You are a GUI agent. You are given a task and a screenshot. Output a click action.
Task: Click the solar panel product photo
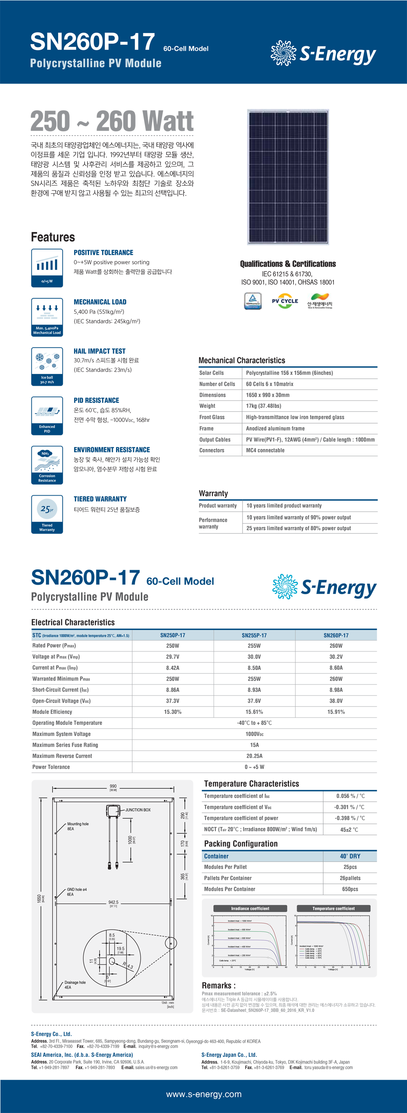pos(288,177)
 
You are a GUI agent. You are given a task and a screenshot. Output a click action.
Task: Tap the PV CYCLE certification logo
pos(285,301)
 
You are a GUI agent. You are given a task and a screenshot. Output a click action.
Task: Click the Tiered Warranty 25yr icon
pos(47,514)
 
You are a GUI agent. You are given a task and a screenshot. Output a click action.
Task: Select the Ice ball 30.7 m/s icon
pos(47,366)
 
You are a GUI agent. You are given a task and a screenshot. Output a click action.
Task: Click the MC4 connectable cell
pos(265,450)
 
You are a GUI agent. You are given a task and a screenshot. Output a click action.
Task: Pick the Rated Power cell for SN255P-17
pos(254,645)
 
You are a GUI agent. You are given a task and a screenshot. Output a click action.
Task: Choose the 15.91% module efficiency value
pos(336,712)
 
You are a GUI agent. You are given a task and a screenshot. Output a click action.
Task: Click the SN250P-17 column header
pos(173,635)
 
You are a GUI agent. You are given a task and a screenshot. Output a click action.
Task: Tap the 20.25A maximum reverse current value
pos(254,756)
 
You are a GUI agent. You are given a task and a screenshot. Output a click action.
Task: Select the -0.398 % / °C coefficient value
pos(350,818)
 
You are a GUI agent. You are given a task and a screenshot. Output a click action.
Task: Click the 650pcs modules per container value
pos(350,889)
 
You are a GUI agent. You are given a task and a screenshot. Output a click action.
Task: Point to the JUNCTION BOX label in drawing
pos(138,810)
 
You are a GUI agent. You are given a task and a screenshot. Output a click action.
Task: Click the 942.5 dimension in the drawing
pos(113,902)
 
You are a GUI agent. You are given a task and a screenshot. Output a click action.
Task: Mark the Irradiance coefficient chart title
pos(250,908)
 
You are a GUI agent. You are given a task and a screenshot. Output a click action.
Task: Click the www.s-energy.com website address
pos(203,1094)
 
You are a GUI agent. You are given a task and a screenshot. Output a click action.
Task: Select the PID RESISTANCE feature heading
pos(96,400)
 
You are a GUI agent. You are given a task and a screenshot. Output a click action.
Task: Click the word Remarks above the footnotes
pos(219,986)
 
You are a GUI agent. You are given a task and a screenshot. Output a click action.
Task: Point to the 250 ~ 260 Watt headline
pos(112,121)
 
